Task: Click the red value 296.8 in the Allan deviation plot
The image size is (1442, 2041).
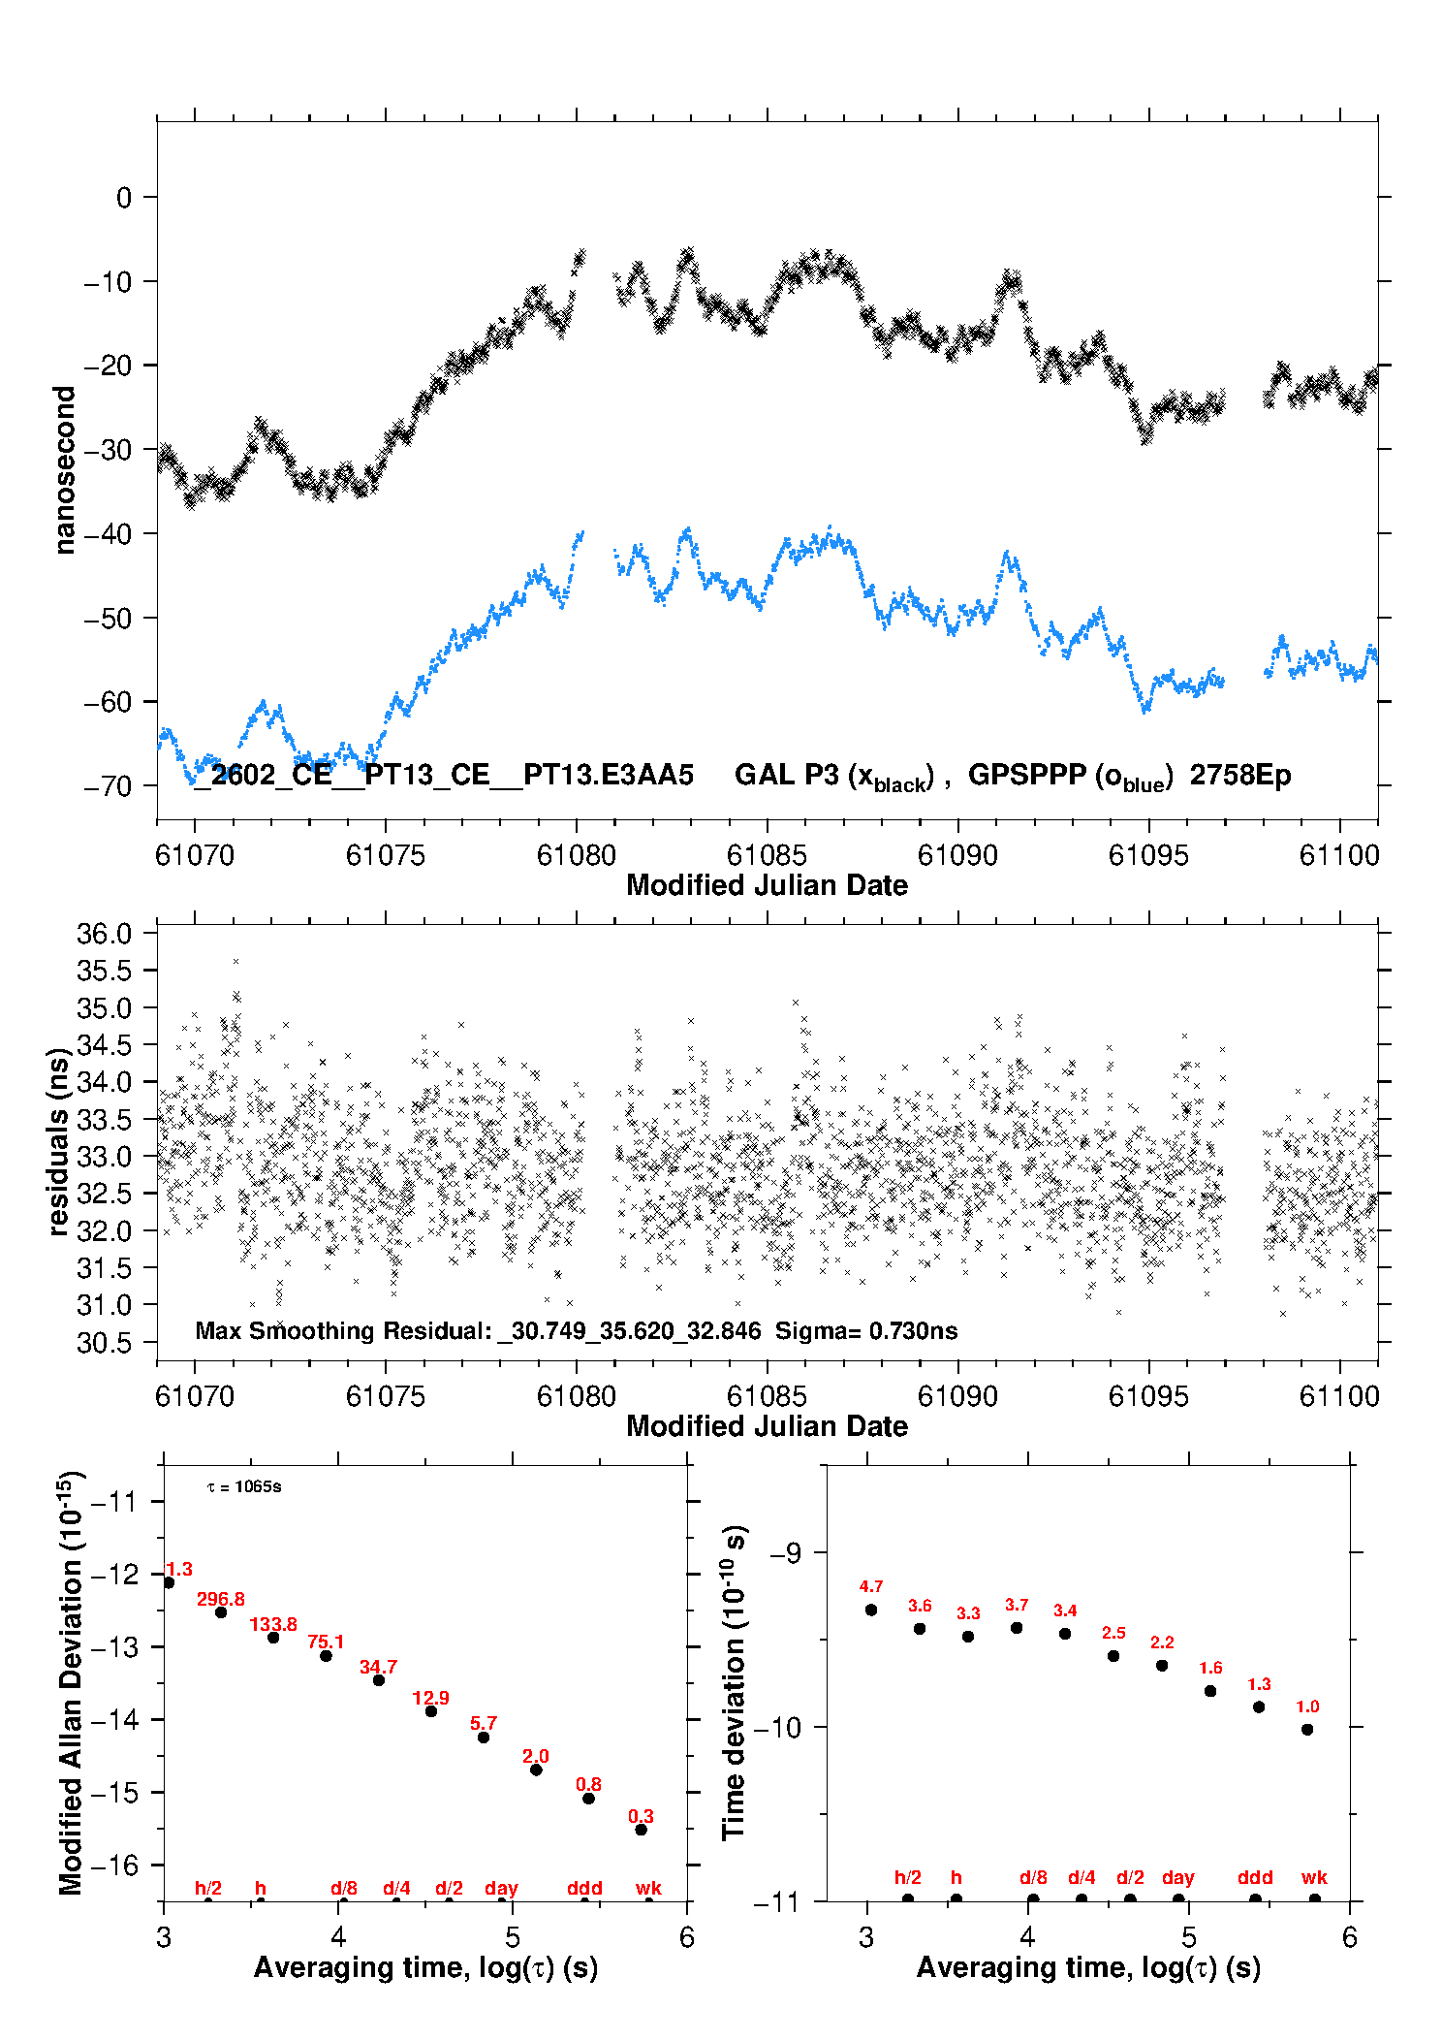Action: click(x=220, y=1599)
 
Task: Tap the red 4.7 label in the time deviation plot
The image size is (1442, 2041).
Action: click(x=870, y=1586)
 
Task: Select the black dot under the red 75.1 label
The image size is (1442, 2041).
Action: click(x=326, y=1655)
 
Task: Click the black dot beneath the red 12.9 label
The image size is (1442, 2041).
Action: click(x=431, y=1711)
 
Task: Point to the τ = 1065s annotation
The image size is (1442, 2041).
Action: click(x=244, y=1487)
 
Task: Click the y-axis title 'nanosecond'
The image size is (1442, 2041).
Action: click(x=64, y=469)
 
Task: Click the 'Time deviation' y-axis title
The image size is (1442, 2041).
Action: click(x=734, y=1682)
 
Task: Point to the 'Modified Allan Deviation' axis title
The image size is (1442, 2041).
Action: click(x=70, y=1682)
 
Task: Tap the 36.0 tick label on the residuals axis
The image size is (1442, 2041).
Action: click(x=104, y=934)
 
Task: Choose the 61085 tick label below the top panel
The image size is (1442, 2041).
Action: click(x=767, y=855)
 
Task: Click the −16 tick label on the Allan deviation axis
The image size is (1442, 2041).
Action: click(x=113, y=1865)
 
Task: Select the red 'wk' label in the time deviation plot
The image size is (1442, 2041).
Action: click(x=1314, y=1878)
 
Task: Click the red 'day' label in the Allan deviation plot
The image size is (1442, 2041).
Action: click(x=501, y=1888)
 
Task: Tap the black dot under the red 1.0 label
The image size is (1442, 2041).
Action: click(x=1307, y=1729)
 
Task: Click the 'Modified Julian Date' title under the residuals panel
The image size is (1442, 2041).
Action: click(x=767, y=1425)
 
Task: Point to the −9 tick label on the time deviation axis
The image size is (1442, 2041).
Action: click(x=785, y=1552)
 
